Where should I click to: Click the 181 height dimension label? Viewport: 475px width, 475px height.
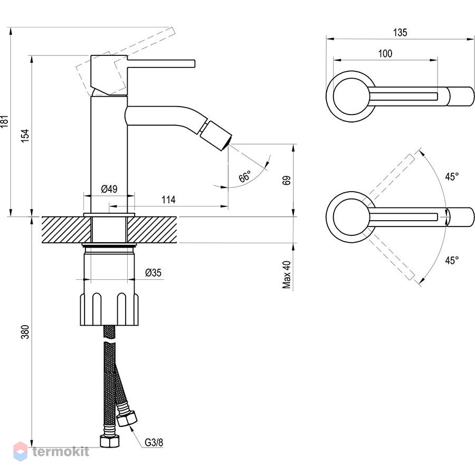(x=4, y=121)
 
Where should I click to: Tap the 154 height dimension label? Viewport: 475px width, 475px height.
(x=25, y=136)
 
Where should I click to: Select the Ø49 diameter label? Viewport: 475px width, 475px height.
(x=109, y=189)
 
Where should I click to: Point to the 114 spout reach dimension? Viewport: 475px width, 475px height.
(x=168, y=199)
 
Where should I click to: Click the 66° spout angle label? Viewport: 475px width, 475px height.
(x=245, y=176)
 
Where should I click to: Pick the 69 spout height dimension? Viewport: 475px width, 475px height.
(x=287, y=180)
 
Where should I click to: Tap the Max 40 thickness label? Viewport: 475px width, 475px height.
(x=287, y=274)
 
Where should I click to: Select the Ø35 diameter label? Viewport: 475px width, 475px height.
(x=153, y=273)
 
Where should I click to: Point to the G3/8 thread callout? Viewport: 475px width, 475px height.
(x=154, y=443)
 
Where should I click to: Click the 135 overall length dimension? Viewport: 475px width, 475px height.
(x=400, y=32)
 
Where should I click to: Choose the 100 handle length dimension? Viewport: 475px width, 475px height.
(x=385, y=54)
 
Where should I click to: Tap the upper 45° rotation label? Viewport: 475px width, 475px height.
(x=452, y=177)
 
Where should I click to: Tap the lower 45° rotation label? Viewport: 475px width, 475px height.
(x=452, y=260)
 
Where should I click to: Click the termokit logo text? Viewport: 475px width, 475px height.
(x=61, y=452)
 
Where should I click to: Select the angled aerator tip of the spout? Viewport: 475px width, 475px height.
(x=216, y=136)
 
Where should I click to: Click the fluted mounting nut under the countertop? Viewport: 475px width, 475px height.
(x=109, y=309)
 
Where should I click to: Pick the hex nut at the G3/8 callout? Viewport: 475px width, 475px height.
(x=127, y=419)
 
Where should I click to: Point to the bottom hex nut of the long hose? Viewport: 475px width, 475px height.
(x=109, y=441)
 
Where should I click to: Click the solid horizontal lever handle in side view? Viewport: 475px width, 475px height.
(x=161, y=64)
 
